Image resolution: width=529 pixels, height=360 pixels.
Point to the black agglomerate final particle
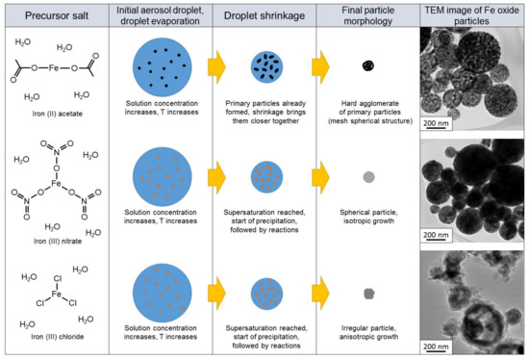pyautogui.click(x=366, y=66)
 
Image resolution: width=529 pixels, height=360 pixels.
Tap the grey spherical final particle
pyautogui.click(x=366, y=178)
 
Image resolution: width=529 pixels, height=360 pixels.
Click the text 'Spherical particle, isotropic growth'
pyautogui.click(x=367, y=217)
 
